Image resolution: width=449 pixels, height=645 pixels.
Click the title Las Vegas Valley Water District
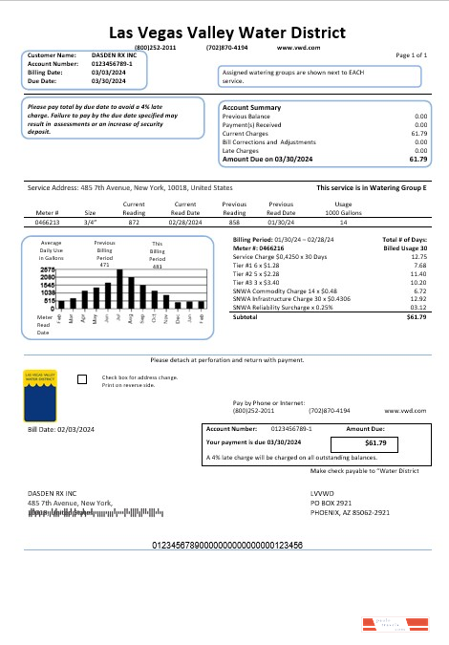point(224,32)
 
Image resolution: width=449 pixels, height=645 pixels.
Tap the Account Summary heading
point(251,108)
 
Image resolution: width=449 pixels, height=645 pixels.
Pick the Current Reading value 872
point(134,221)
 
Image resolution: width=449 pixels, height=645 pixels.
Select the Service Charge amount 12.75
point(418,257)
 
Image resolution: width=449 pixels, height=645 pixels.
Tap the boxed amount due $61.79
point(374,443)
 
